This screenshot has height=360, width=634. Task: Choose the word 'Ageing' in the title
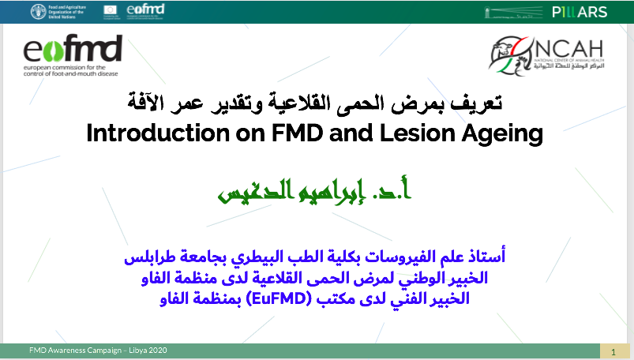click(497, 133)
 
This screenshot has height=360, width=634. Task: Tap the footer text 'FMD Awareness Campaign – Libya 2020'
click(98, 350)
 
